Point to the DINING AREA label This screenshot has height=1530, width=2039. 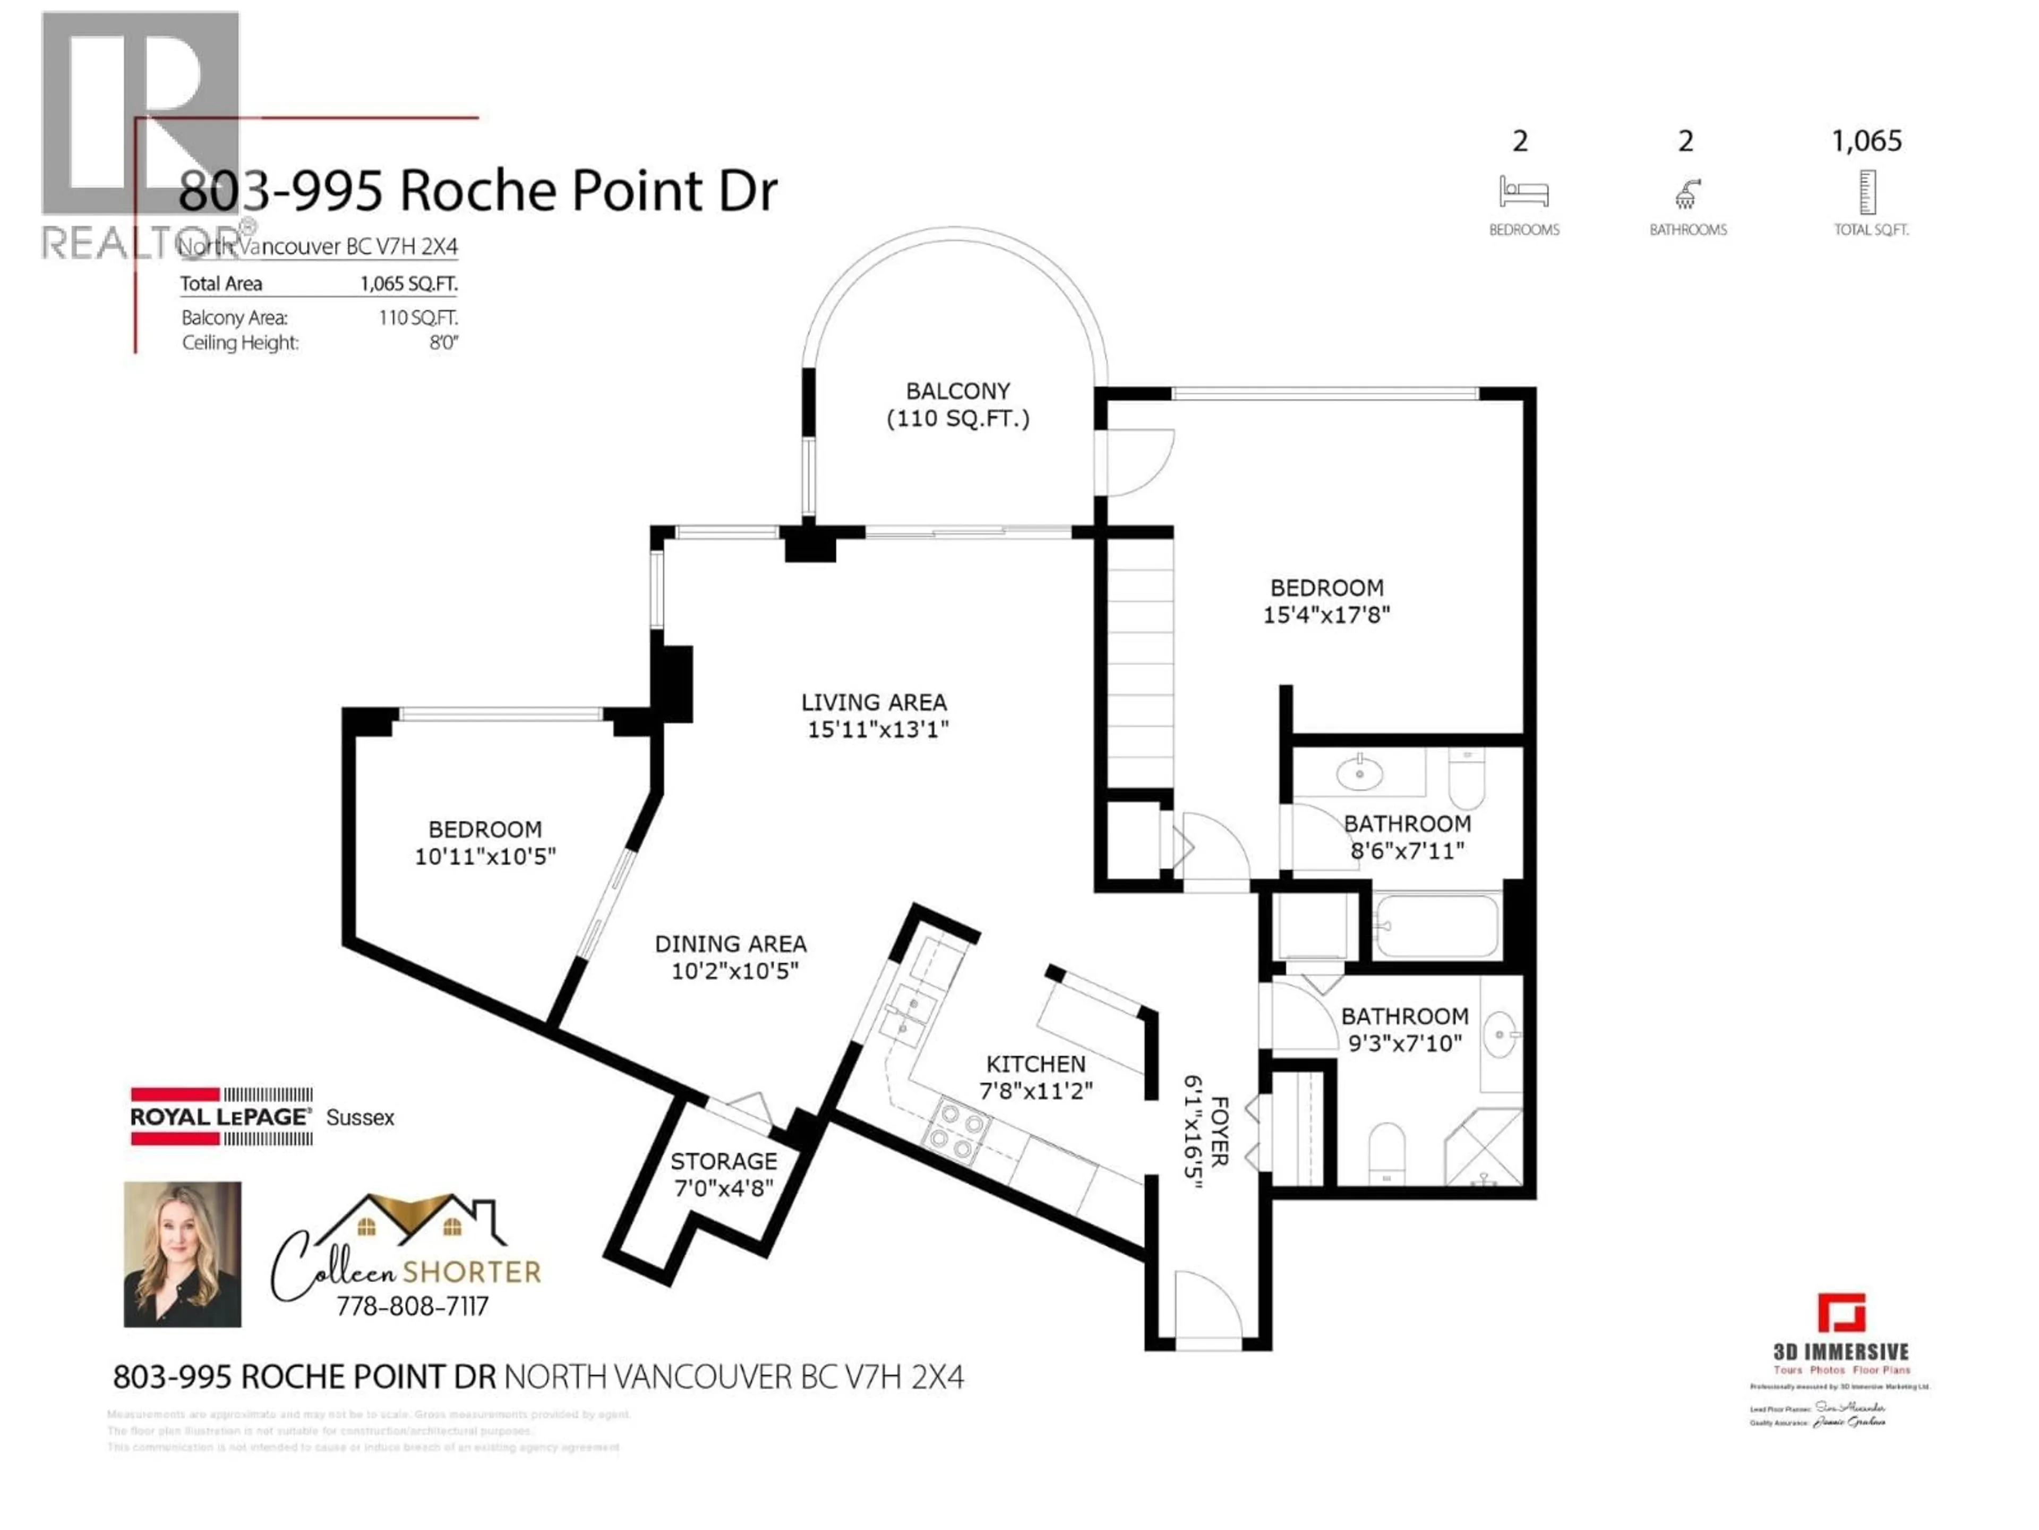(x=730, y=945)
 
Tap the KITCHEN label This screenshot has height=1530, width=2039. (x=1035, y=1064)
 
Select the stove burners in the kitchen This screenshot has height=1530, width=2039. (x=961, y=1133)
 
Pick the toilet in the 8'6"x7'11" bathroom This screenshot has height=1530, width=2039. (x=1466, y=779)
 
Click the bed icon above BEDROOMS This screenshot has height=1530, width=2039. (x=1523, y=192)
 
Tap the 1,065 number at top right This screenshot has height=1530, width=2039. (x=1866, y=141)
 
